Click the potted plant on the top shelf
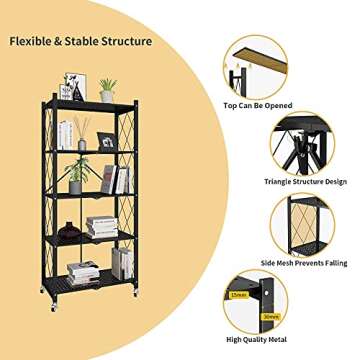point(107,89)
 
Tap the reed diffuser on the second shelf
point(82,137)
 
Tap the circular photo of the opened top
point(259,64)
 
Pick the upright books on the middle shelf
point(115,179)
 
